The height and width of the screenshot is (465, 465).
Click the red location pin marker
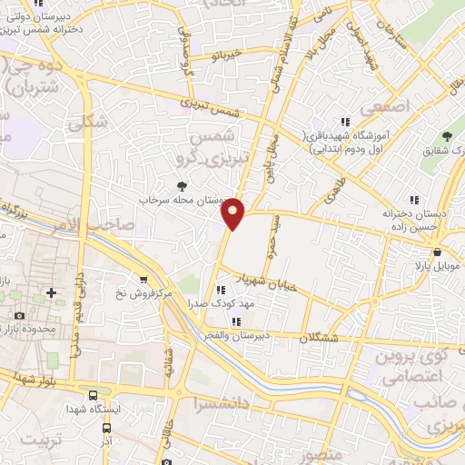coord(234,213)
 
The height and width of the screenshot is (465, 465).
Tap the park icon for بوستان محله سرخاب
coord(185,185)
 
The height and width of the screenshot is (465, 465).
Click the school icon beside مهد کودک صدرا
coord(219,290)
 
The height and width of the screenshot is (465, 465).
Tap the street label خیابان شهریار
coord(267,280)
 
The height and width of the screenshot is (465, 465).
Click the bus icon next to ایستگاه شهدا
coord(94,395)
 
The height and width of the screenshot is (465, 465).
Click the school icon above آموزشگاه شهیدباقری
coord(344,121)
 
